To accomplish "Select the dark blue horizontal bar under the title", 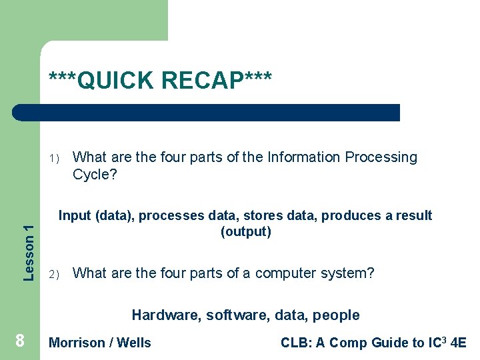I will coord(207,113).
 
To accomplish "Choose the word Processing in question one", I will coord(381,157).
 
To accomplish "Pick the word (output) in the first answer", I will coord(245,232).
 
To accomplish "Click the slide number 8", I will coord(20,341).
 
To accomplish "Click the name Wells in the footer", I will coord(134,343).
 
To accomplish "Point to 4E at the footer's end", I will coord(458,343).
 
